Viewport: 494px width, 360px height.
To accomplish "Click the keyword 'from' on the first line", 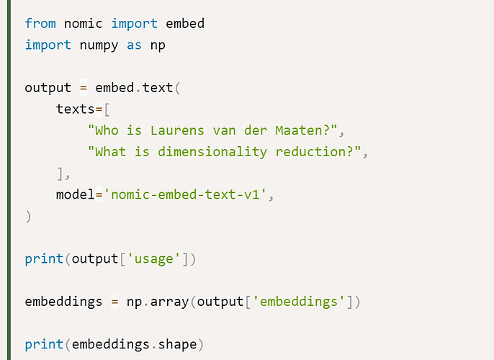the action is point(40,23).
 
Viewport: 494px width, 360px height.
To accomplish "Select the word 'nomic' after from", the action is point(84,24).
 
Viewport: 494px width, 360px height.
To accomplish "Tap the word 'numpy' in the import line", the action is point(99,46).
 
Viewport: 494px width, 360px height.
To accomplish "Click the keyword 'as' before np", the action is point(134,45).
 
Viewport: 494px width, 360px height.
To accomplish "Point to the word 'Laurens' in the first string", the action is point(177,130).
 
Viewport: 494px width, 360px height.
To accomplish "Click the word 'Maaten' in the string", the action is point(298,130).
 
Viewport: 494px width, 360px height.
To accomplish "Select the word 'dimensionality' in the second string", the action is point(212,152).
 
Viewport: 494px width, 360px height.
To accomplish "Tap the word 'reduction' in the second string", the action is point(311,152).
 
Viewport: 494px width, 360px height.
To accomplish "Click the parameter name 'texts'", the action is point(76,109).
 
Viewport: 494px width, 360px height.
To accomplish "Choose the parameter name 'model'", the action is point(76,194).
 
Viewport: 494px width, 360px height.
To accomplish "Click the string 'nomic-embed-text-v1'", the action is point(185,194).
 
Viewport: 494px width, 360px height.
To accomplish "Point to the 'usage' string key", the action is point(154,259).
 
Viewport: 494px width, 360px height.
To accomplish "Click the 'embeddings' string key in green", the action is point(298,302).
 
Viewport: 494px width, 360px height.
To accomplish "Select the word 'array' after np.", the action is point(169,302).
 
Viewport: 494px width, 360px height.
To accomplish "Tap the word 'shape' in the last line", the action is point(177,345).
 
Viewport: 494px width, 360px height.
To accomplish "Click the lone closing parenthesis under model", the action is point(28,217).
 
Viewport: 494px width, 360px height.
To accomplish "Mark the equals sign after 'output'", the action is point(84,88).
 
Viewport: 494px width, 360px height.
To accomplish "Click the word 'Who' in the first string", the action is point(107,130).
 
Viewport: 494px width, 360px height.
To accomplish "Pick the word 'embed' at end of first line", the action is point(185,23).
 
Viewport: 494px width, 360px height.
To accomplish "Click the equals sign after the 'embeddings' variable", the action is point(114,302).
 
